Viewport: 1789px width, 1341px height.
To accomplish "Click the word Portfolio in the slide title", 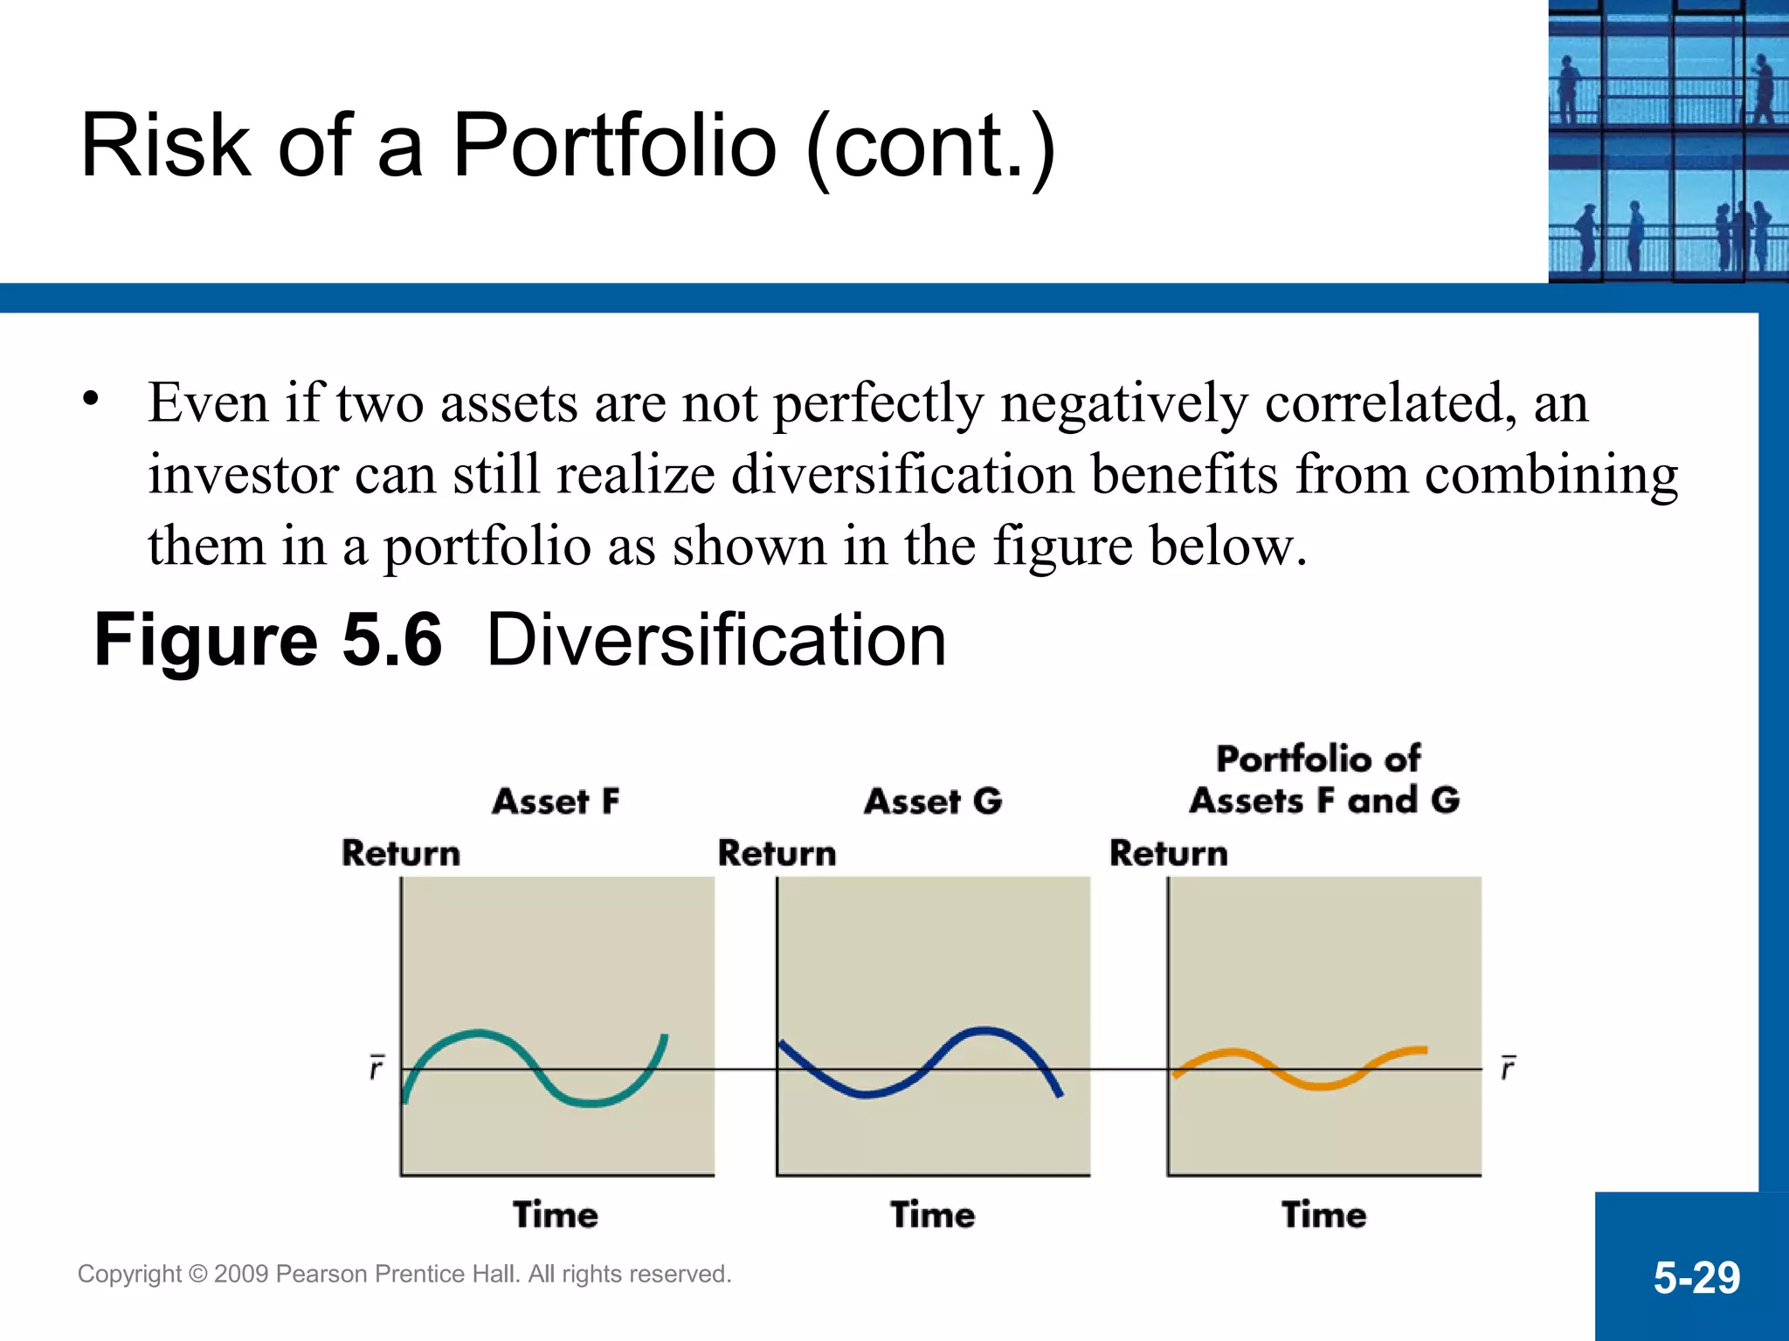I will click(x=614, y=146).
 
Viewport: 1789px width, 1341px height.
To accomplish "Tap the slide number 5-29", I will click(x=1696, y=1278).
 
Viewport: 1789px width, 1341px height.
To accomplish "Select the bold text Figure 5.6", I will click(x=267, y=640).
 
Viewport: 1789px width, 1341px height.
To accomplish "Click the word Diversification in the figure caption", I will click(x=715, y=640).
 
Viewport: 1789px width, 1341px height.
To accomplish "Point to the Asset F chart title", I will click(x=556, y=801).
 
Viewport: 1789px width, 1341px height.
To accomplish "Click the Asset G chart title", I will click(x=933, y=801).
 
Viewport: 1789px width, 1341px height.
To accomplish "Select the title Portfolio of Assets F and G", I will click(x=1323, y=780).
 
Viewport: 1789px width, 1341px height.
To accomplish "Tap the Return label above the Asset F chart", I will click(x=401, y=853).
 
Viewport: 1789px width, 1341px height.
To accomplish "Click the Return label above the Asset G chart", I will click(x=777, y=853).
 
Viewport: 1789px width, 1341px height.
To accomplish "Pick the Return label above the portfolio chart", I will click(x=1168, y=853).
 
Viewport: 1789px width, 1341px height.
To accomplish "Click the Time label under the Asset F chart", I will click(x=556, y=1214).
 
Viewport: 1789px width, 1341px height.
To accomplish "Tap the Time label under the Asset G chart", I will click(x=933, y=1214).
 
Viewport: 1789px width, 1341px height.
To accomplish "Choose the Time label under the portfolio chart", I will click(x=1323, y=1214).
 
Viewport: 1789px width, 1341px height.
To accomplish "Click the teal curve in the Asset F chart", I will click(x=479, y=1034).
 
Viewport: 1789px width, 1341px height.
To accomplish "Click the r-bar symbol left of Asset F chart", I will click(x=376, y=1067).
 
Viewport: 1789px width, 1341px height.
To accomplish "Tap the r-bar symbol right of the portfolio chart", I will click(x=1508, y=1067).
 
